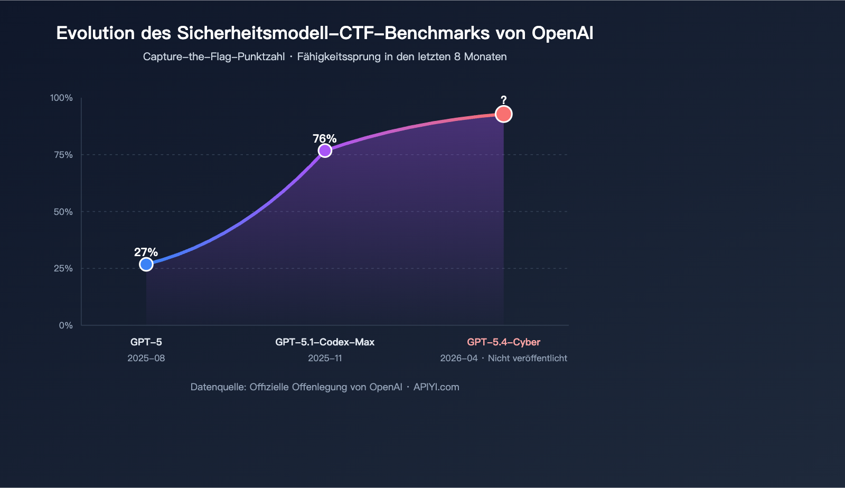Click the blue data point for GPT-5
coord(146,264)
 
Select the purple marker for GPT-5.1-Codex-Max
coord(325,151)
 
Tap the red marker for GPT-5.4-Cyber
coord(504,114)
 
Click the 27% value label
coord(146,252)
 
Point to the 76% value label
coord(324,139)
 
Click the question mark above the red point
coord(504,100)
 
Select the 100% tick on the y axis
coord(61,98)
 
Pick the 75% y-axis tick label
coord(63,155)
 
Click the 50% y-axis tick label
coord(63,212)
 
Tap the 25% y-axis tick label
coord(63,268)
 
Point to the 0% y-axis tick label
coord(65,325)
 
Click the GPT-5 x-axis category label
coord(146,342)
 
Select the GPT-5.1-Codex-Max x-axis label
coord(325,342)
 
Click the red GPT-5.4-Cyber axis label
coord(504,342)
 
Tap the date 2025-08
coord(146,358)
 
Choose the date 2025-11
coord(325,358)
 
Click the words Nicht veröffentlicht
coord(527,358)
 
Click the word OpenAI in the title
coord(562,33)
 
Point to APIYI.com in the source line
coord(436,387)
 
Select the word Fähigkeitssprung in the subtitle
coord(339,57)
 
